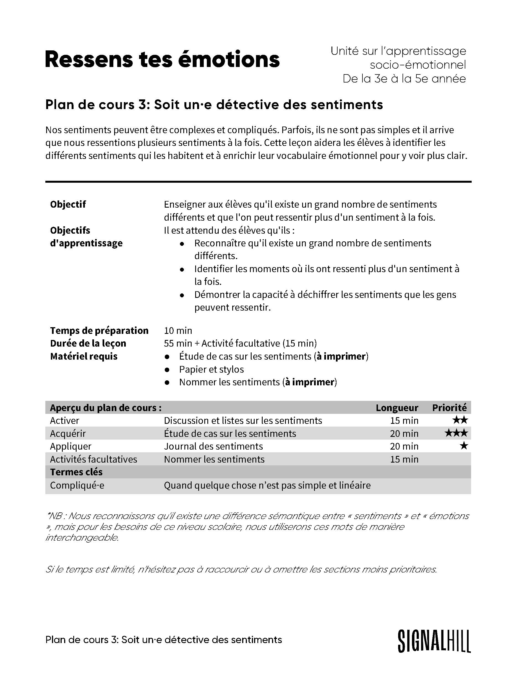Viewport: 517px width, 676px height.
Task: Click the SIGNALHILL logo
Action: pos(434,641)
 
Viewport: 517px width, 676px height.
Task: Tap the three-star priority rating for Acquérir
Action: pos(456,434)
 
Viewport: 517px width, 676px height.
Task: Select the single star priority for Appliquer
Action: pos(463,446)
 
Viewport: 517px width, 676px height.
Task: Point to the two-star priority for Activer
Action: pos(460,420)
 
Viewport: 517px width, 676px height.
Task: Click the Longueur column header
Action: pos(397,408)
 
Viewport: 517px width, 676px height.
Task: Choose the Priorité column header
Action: pos(449,408)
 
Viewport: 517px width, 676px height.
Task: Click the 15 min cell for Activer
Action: pos(404,420)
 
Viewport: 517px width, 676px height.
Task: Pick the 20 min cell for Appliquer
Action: pos(404,446)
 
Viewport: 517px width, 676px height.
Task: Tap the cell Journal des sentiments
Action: pos(213,446)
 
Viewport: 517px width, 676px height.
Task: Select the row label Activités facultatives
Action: pos(93,459)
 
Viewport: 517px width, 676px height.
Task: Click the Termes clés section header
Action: pos(76,472)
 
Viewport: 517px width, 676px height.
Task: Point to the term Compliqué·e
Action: pos(77,485)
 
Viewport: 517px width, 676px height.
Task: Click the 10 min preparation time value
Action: pos(178,331)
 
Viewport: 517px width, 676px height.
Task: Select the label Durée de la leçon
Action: pos(88,343)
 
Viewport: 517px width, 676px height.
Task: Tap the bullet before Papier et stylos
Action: pos(167,370)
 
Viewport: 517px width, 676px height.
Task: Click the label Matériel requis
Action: pos(84,356)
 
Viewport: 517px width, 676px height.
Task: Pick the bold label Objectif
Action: pos(68,204)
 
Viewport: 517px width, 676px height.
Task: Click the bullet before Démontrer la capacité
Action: pos(182,295)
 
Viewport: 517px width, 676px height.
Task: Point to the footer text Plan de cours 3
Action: pos(163,640)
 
